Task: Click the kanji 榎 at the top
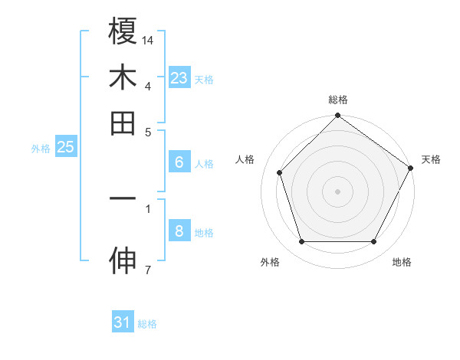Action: coord(123,32)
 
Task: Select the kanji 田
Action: coord(123,123)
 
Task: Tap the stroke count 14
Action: coord(148,39)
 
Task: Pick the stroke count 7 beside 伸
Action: coord(148,269)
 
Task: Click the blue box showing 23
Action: coord(179,78)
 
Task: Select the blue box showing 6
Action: coord(179,162)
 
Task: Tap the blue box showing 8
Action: coord(179,231)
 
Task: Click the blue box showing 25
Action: coord(65,147)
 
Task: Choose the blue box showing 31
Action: coord(123,322)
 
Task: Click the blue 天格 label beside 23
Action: coord(203,80)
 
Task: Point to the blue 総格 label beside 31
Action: coord(147,324)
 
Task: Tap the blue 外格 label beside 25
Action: coord(41,149)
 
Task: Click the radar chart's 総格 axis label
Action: coord(337,100)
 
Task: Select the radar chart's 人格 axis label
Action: coord(245,159)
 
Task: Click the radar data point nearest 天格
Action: coord(411,167)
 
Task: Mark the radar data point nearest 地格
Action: coord(374,242)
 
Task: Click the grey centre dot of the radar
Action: coord(337,191)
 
